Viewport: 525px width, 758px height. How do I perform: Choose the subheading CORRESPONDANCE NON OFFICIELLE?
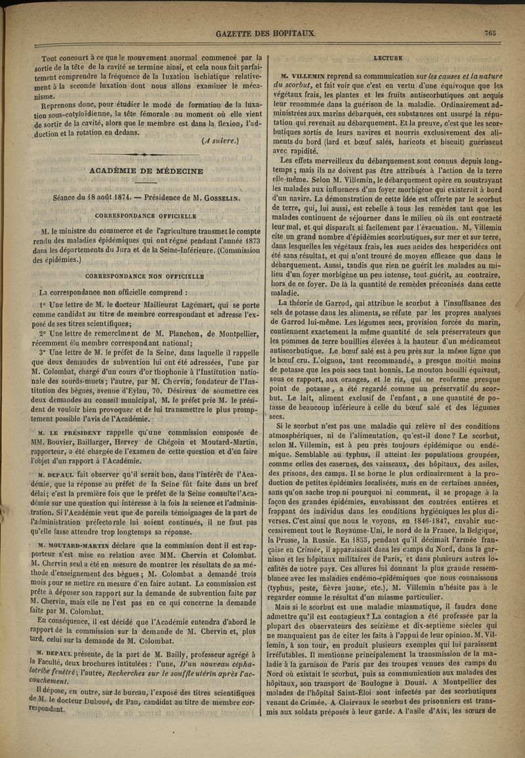point(146,276)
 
